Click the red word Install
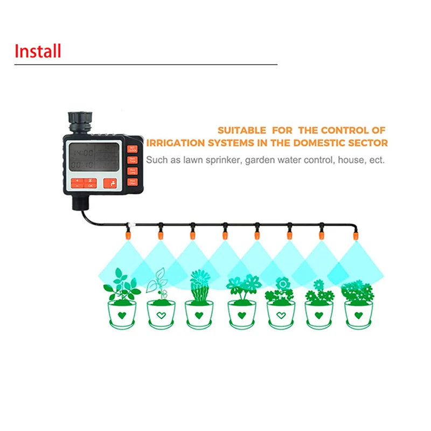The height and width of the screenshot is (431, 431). point(38,51)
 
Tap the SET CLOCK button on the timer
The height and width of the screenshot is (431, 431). point(133,149)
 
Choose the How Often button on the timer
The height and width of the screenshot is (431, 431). point(133,182)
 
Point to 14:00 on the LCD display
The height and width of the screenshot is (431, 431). point(82,153)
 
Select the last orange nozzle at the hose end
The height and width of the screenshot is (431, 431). point(356,234)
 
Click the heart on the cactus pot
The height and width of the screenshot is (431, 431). point(199,315)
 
